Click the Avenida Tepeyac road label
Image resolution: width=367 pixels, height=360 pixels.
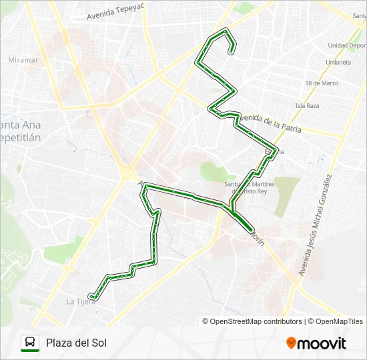pyautogui.click(x=115, y=12)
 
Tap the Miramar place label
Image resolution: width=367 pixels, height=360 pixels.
pyautogui.click(x=23, y=60)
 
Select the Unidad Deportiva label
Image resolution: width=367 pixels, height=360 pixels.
pyautogui.click(x=347, y=45)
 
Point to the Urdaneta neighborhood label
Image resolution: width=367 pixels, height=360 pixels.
pyautogui.click(x=338, y=62)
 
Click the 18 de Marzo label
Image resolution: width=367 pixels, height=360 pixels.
pyautogui.click(x=321, y=83)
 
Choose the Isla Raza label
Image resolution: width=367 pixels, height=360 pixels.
pyautogui.click(x=308, y=105)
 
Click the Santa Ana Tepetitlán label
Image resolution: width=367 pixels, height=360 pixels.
pyautogui.click(x=20, y=131)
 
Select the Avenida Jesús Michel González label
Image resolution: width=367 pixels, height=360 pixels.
pyautogui.click(x=315, y=225)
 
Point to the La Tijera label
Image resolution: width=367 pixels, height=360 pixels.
pyautogui.click(x=79, y=301)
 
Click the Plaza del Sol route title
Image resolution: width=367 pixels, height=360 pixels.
pyautogui.click(x=76, y=343)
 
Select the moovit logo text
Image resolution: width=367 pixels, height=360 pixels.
pyautogui.click(x=322, y=343)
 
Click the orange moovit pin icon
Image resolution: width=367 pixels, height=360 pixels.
pyautogui.click(x=291, y=343)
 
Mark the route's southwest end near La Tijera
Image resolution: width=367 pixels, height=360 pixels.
pyautogui.click(x=91, y=297)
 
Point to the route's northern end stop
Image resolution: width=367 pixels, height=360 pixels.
pyautogui.click(x=232, y=51)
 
